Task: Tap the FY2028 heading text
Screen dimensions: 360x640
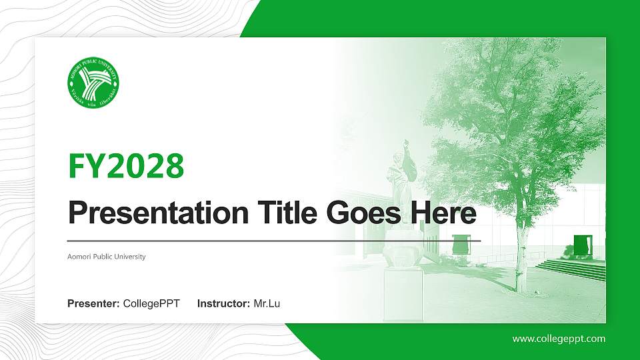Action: pyautogui.click(x=126, y=165)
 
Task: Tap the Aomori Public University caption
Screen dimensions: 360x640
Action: pyautogui.click(x=107, y=257)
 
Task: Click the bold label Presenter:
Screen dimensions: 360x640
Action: pyautogui.click(x=93, y=304)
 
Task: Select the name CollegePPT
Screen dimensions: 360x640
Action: pyautogui.click(x=151, y=304)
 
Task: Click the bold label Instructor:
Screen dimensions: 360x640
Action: pyautogui.click(x=224, y=304)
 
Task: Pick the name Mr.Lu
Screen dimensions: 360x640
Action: pyautogui.click(x=267, y=304)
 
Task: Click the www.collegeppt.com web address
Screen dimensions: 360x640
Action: pyautogui.click(x=559, y=339)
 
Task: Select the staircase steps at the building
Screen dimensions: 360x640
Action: pyautogui.click(x=572, y=268)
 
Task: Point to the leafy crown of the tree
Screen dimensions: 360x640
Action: pyautogui.click(x=513, y=100)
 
